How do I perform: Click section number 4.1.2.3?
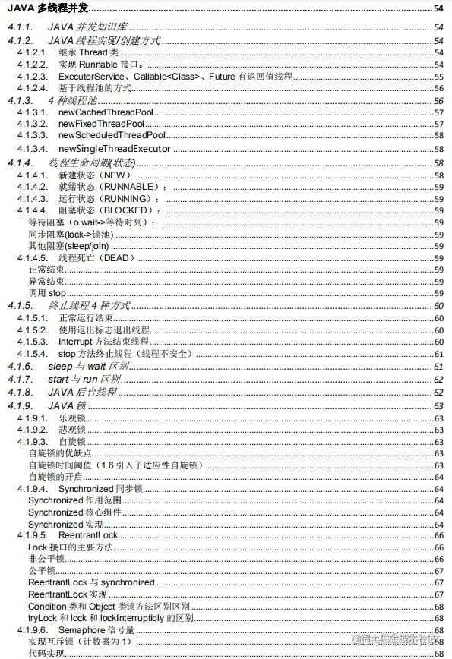tap(32, 76)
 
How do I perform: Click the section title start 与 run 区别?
tap(85, 379)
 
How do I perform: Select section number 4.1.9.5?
tap(32, 536)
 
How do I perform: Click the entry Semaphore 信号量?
tap(96, 630)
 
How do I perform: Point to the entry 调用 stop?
tap(43, 293)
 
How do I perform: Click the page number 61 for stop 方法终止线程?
tap(439, 354)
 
